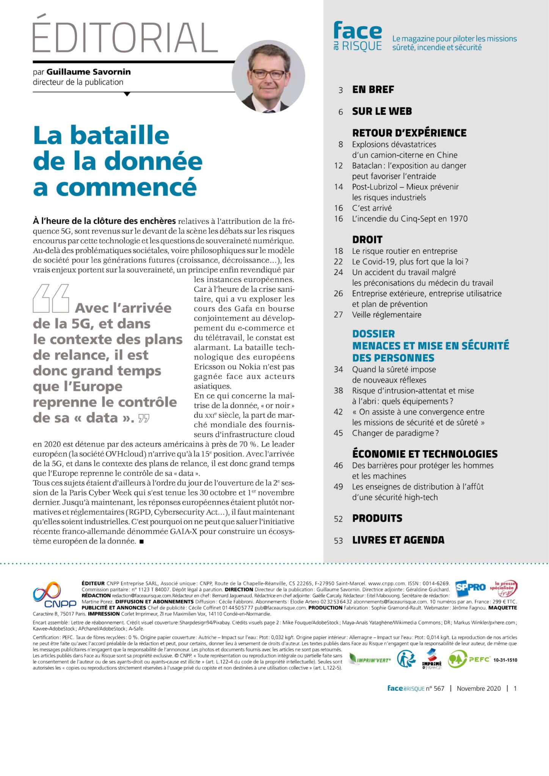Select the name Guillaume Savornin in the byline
point(89,72)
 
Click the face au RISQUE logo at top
point(358,36)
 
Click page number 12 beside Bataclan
point(338,166)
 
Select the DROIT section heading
point(367,239)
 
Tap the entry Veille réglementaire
point(386,314)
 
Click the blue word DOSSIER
point(373,334)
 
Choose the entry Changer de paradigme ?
point(395,433)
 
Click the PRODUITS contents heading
point(377,518)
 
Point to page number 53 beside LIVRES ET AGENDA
point(338,540)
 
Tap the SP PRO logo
point(470,587)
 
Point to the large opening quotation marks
point(51,298)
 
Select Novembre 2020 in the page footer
point(478,688)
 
